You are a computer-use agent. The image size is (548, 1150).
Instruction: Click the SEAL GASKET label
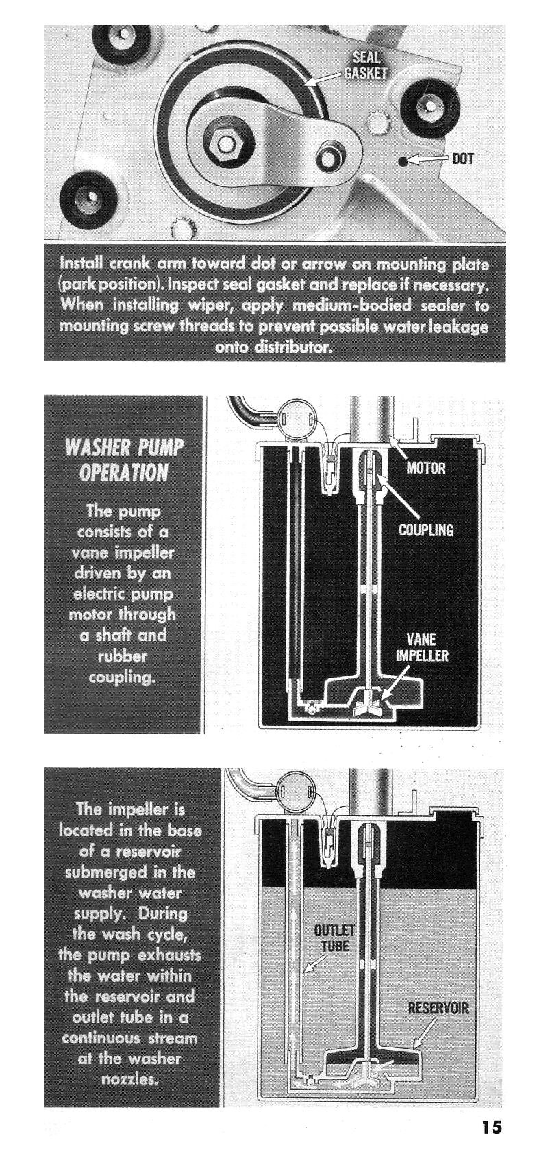pos(365,66)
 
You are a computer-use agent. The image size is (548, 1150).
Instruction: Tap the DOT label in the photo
pos(462,159)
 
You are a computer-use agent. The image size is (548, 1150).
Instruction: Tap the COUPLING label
pos(426,530)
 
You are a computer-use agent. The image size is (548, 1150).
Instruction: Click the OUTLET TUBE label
pos(334,938)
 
